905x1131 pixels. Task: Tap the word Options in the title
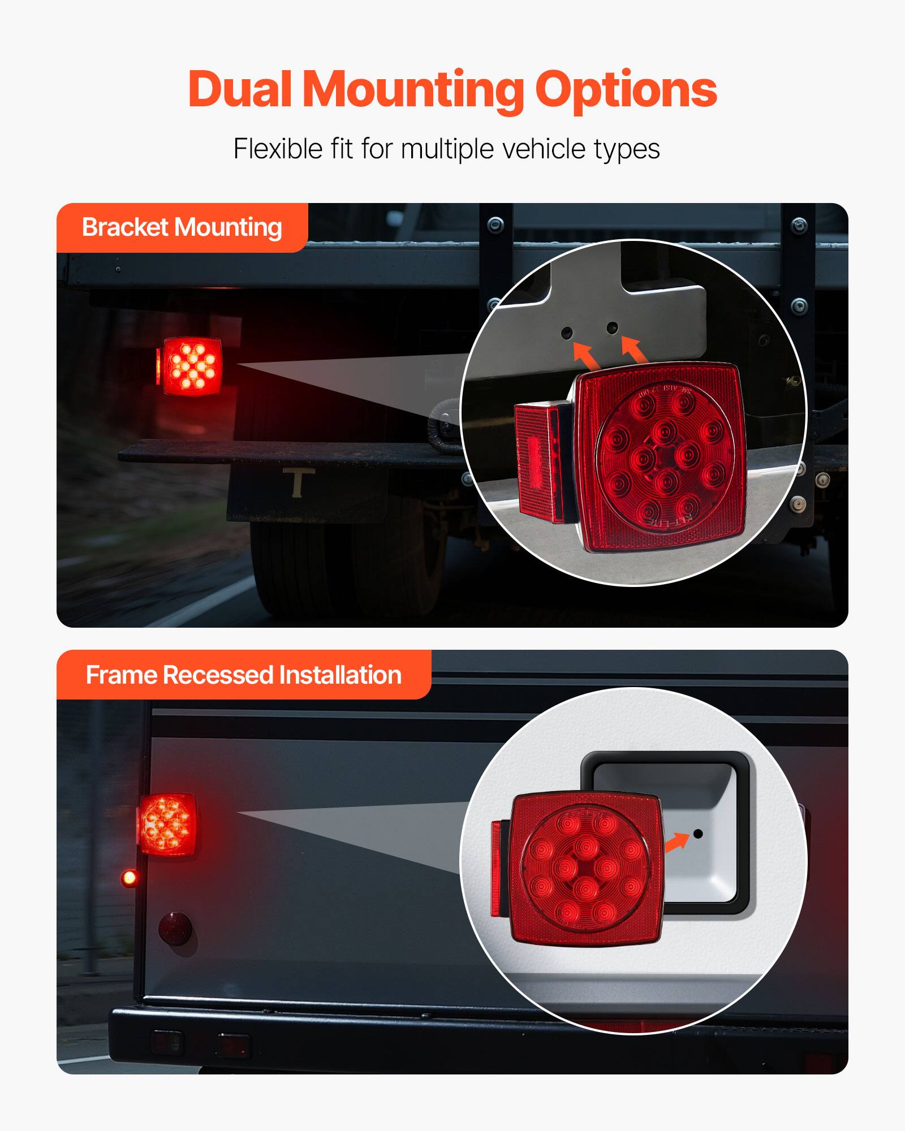[626, 90]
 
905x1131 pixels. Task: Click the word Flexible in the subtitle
[278, 149]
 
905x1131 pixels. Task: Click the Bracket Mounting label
[182, 227]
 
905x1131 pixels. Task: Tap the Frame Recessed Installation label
[243, 675]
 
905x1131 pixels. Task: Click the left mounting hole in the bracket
[566, 333]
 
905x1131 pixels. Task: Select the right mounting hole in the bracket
[612, 327]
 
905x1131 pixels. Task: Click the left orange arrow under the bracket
[586, 355]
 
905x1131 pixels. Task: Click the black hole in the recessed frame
[698, 834]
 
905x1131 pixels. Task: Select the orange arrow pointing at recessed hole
[676, 843]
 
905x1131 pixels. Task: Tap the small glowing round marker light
[130, 878]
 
